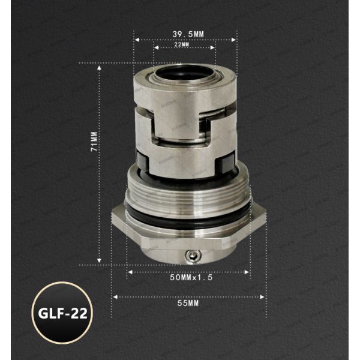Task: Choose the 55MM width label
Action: coord(188,304)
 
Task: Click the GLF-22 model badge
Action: coord(62,313)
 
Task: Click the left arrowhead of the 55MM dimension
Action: coord(115,296)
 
